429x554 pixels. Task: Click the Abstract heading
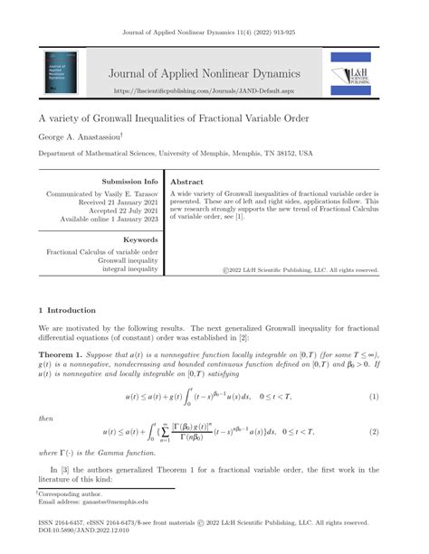187,181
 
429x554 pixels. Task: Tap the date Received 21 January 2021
114,203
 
